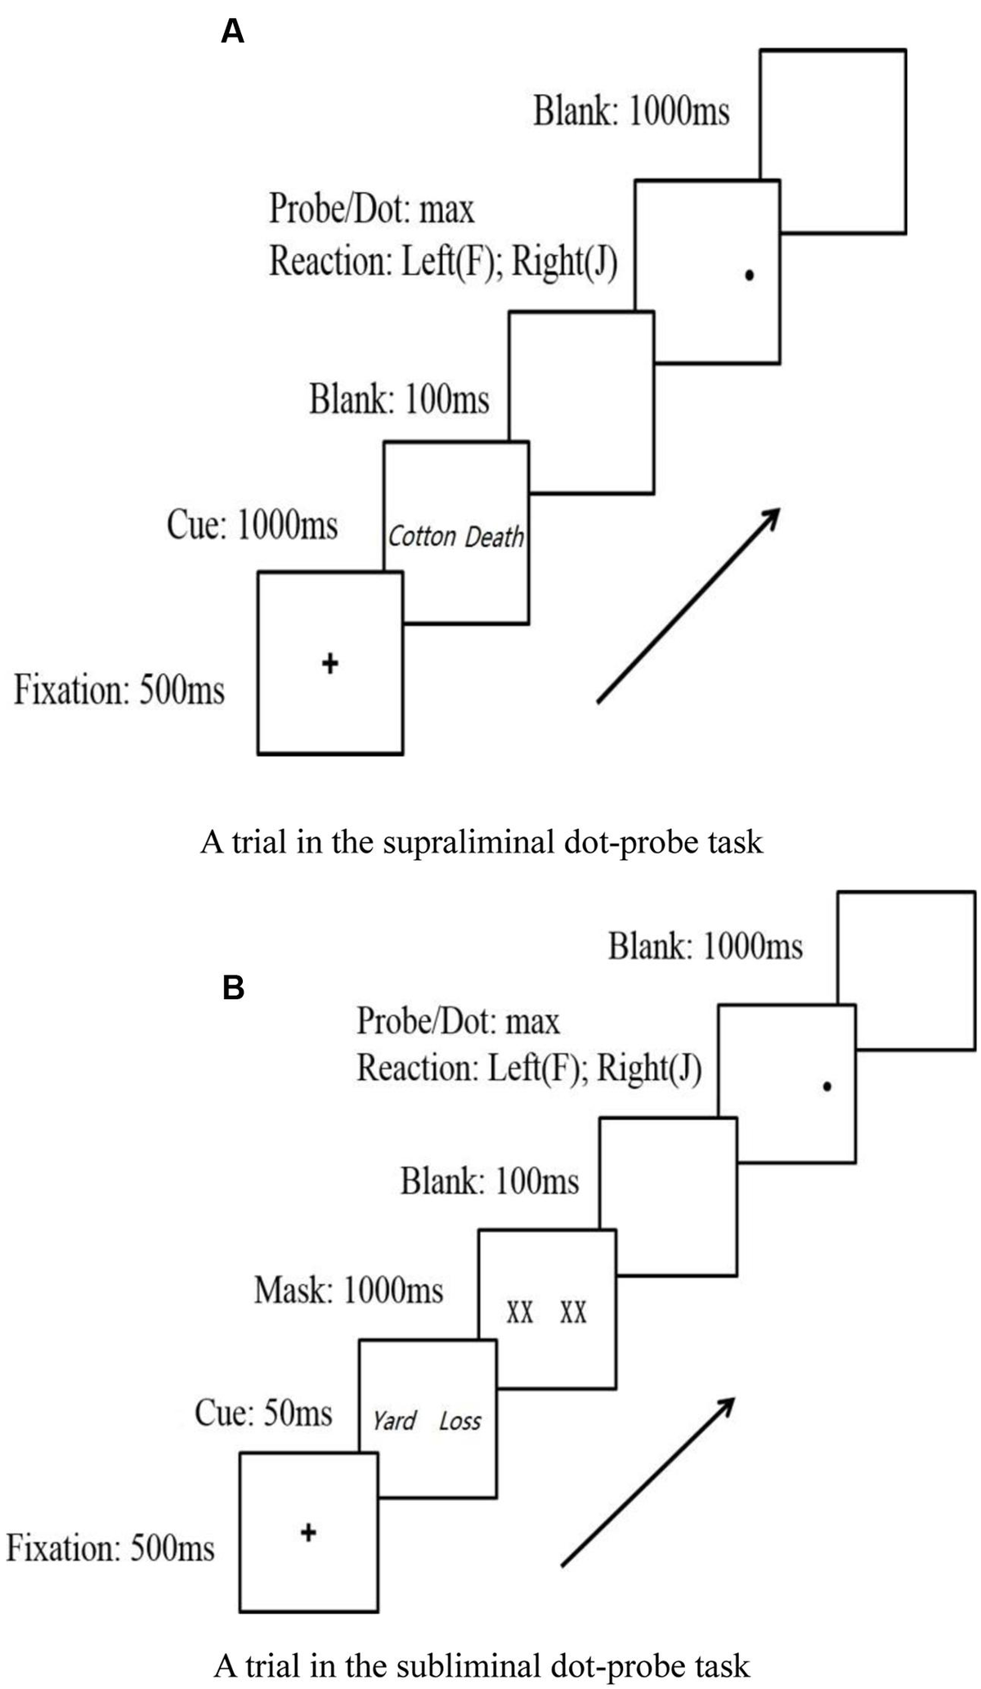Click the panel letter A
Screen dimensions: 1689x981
coord(233,32)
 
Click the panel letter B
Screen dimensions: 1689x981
coord(233,988)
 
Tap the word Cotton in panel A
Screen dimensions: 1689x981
coord(422,537)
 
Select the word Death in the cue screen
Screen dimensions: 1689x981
coord(494,537)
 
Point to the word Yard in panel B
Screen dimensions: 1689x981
coord(395,1421)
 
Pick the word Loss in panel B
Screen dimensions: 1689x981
coord(460,1422)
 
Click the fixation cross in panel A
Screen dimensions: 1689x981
coord(329,663)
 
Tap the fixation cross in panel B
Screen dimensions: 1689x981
coord(308,1532)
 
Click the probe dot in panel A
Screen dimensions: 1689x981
coord(749,276)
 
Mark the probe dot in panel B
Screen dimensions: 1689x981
coord(827,1086)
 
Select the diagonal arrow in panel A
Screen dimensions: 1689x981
coord(688,605)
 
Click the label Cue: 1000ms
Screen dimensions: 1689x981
coord(252,525)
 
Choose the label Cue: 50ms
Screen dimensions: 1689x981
coord(263,1413)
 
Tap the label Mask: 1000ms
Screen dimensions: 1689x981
coord(348,1291)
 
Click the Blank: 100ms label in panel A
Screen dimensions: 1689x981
coord(399,401)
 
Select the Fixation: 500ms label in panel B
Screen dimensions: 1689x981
coord(110,1548)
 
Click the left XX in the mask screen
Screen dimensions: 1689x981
coord(520,1313)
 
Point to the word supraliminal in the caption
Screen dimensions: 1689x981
coord(466,842)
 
